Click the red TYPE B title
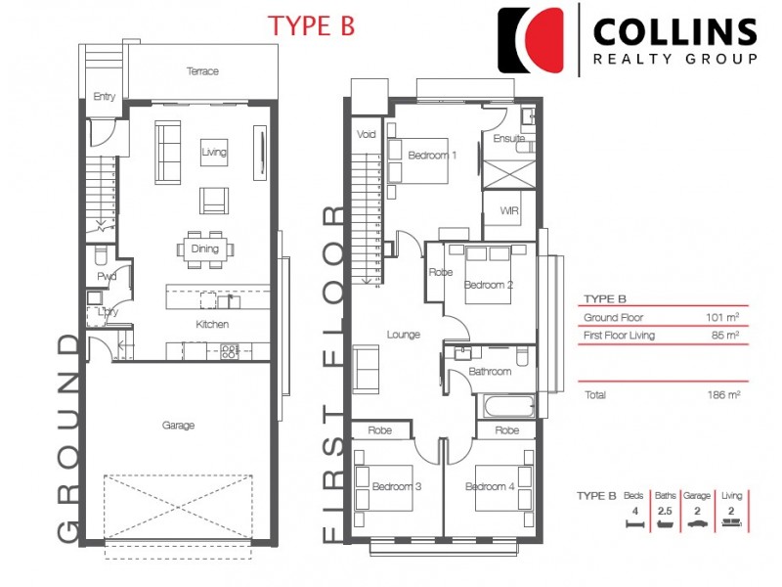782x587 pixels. click(311, 26)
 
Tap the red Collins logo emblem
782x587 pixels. click(531, 40)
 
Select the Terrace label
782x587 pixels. click(202, 70)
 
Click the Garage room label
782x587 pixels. click(178, 426)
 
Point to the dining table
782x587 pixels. click(205, 249)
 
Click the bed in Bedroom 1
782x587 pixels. click(418, 160)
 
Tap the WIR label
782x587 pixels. click(509, 210)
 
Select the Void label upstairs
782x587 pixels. click(366, 134)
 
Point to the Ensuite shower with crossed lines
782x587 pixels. click(508, 174)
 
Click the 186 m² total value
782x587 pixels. click(723, 395)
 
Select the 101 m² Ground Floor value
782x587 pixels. click(722, 317)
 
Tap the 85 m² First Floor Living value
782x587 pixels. click(725, 335)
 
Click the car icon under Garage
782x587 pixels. click(697, 523)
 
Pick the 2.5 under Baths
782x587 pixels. click(665, 511)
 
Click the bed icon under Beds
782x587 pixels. click(634, 523)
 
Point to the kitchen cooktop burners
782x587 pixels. click(230, 351)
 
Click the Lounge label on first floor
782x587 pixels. click(404, 335)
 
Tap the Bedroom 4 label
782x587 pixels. click(490, 486)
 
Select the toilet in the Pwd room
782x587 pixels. click(101, 255)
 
